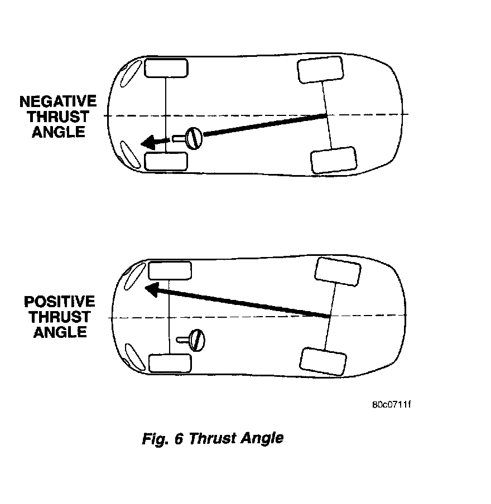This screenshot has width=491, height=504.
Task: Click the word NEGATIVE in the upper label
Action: [x=58, y=102]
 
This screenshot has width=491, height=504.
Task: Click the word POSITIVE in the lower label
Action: [x=59, y=302]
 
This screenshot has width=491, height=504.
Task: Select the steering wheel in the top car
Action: [x=194, y=138]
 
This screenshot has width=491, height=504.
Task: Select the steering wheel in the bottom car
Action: [x=197, y=338]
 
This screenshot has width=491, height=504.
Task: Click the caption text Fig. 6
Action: [x=163, y=438]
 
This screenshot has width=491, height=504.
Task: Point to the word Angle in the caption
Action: [x=262, y=438]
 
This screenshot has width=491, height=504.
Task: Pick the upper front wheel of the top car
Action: [x=166, y=68]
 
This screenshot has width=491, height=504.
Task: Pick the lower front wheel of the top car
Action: [x=166, y=161]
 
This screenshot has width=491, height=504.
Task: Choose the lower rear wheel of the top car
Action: [x=333, y=160]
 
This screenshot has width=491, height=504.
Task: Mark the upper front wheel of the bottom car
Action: [x=170, y=270]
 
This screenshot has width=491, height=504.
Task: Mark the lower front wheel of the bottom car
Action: [x=170, y=363]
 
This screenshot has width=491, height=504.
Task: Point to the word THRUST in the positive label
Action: [x=60, y=317]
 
